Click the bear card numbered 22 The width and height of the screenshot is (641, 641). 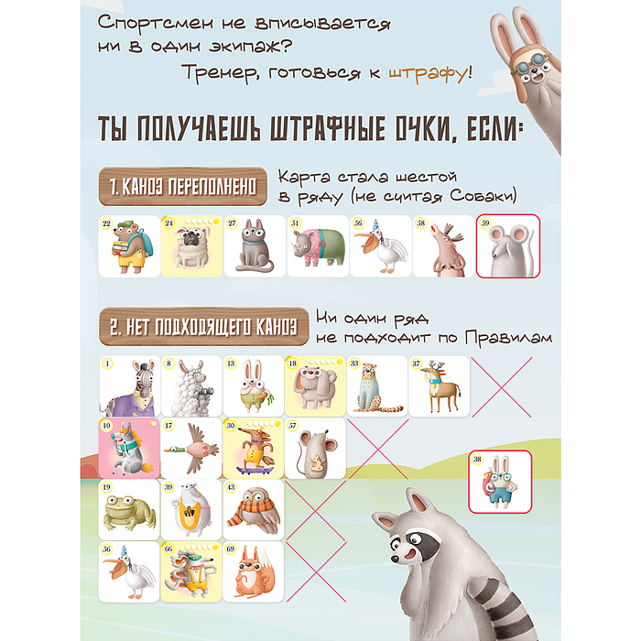(x=127, y=246)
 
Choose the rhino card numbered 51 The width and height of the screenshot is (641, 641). (x=316, y=246)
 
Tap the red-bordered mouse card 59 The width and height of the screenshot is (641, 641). (x=506, y=246)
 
